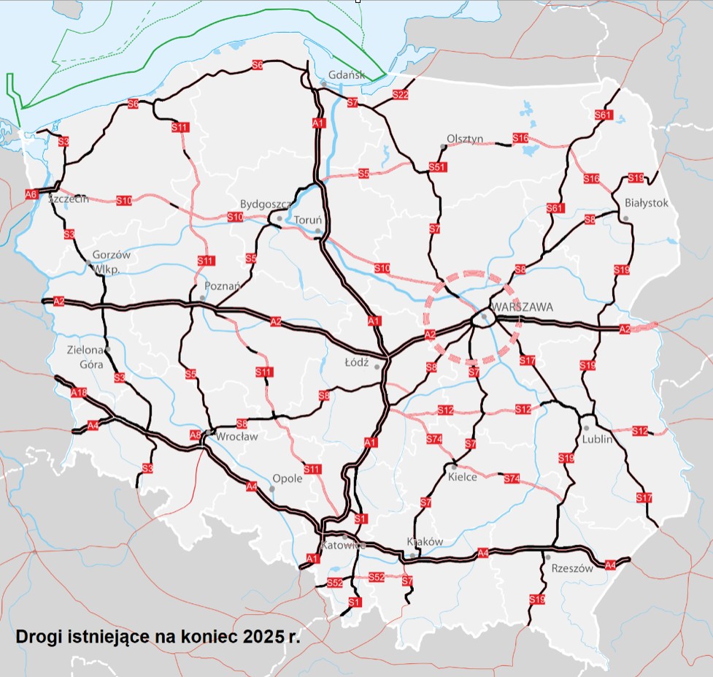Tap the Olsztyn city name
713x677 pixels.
(465, 139)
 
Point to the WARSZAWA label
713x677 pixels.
(522, 307)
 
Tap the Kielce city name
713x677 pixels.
(463, 477)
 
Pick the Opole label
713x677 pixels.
(287, 479)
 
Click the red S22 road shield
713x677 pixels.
(400, 95)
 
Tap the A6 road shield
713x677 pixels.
(31, 194)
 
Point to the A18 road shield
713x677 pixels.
(78, 393)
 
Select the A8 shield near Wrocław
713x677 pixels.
(196, 436)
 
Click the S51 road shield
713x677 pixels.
(437, 167)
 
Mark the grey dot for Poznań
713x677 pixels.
(202, 299)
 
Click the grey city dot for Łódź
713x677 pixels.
(377, 367)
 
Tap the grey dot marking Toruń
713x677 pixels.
(318, 232)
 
